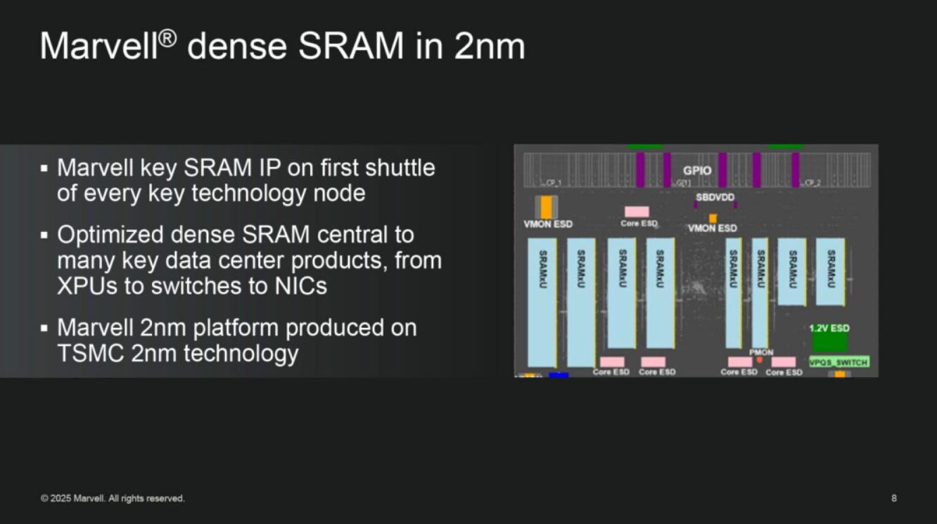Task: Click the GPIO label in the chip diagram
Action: click(697, 171)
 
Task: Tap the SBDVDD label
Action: click(715, 197)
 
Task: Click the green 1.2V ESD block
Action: click(830, 340)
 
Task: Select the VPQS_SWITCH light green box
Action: click(839, 362)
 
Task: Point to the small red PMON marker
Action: click(760, 359)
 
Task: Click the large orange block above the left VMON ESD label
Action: click(547, 207)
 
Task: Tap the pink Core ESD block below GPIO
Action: click(637, 212)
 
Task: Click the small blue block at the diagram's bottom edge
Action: click(559, 375)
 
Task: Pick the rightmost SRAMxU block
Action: click(830, 271)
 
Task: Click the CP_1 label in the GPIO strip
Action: click(552, 183)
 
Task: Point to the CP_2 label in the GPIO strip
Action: click(811, 183)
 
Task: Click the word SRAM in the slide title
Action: click(350, 46)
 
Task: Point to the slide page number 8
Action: click(894, 499)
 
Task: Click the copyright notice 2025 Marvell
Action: click(113, 499)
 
